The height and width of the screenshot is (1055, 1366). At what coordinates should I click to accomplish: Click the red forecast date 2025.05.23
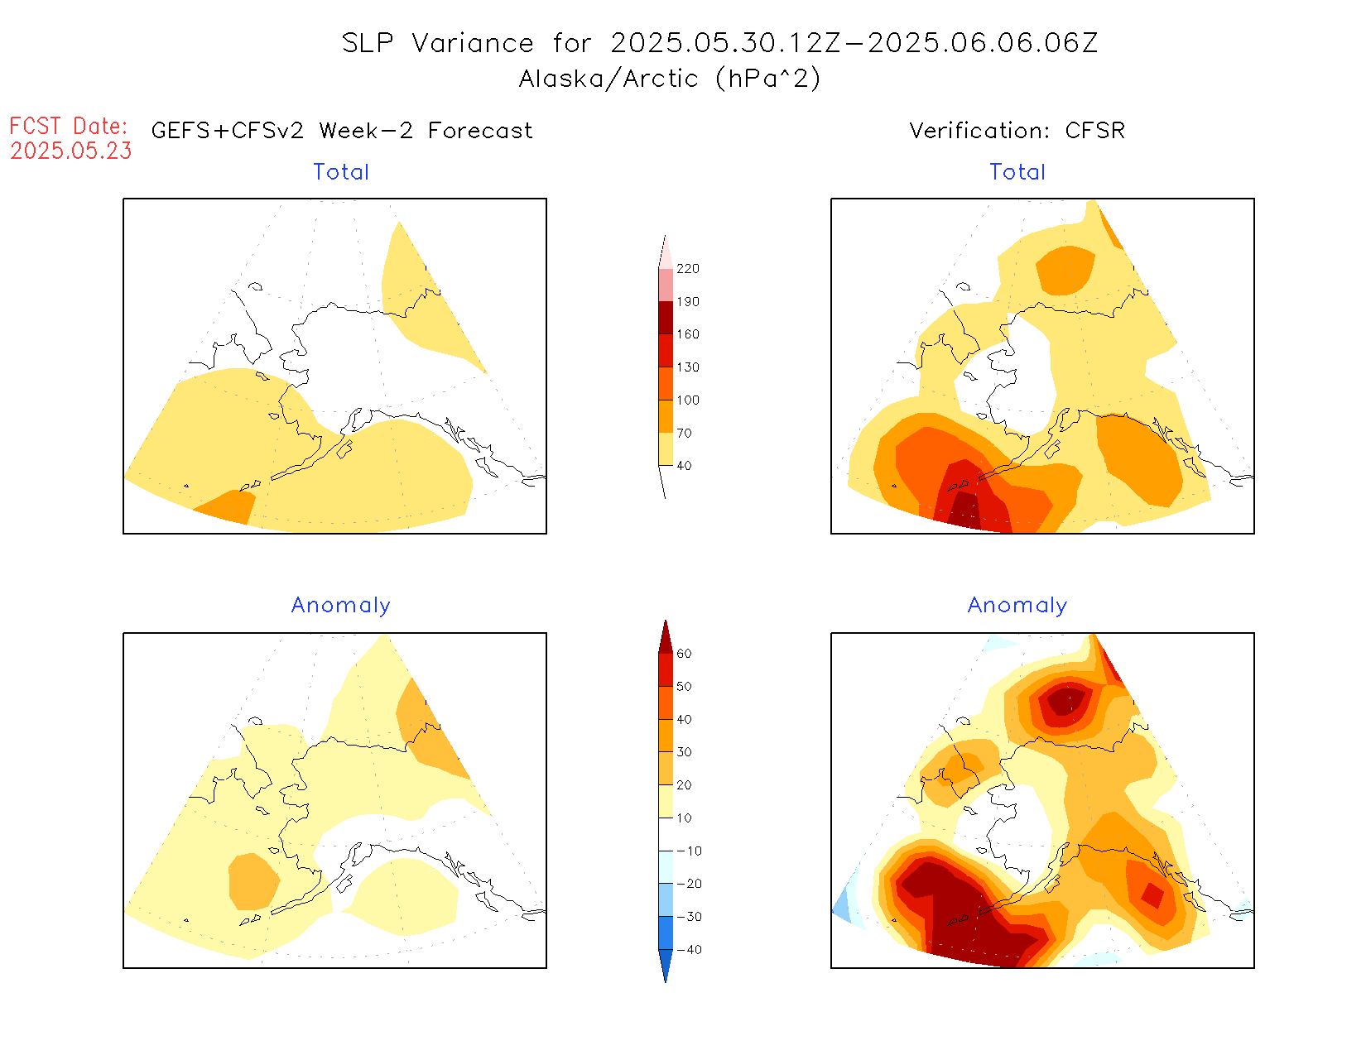point(71,151)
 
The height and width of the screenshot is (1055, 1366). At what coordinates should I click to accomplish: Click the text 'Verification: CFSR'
point(1017,131)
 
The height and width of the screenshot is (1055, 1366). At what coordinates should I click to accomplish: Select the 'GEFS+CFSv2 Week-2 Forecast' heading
point(342,131)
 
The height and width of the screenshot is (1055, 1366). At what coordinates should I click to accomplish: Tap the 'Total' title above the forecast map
point(341,172)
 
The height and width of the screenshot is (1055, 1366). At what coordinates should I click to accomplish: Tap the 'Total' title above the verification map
point(1017,172)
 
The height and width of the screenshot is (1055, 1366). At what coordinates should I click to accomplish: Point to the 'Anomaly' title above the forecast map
point(340,605)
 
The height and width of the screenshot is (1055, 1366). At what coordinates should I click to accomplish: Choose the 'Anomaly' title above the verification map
point(1017,605)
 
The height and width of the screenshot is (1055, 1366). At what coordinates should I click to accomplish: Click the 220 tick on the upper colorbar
point(687,269)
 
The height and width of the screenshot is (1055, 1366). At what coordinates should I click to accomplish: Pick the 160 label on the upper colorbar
point(687,334)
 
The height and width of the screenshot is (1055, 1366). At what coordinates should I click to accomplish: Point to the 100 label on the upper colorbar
point(687,400)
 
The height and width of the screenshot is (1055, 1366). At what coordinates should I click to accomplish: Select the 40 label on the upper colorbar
point(684,466)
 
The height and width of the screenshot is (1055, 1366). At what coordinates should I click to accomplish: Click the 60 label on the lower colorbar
point(684,654)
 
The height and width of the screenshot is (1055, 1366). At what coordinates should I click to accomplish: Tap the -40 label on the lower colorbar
point(689,950)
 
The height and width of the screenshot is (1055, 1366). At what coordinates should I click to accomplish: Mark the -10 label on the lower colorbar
point(689,851)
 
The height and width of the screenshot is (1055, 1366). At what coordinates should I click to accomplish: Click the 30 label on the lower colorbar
point(684,752)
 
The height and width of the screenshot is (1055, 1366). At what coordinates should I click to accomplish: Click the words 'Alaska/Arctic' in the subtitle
point(608,79)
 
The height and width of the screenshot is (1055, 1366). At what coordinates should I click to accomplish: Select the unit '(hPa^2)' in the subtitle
point(768,79)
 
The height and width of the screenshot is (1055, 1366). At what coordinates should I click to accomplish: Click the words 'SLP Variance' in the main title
point(437,43)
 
